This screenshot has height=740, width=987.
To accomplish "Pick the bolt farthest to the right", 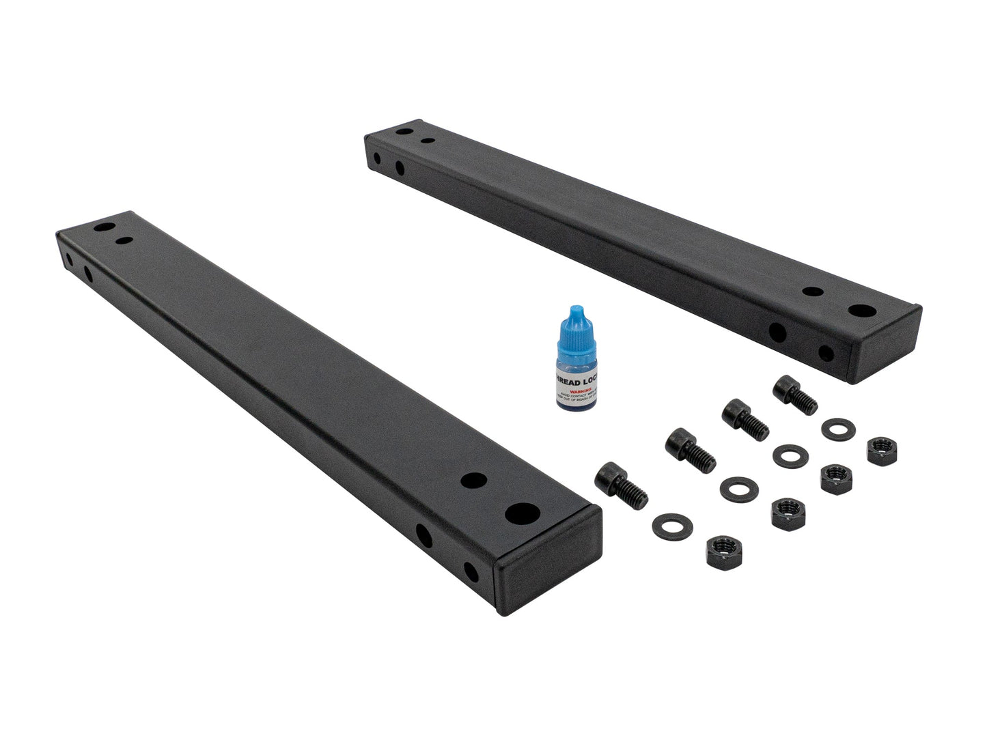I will tap(794, 394).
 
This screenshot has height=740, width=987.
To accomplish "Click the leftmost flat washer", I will tap(673, 524).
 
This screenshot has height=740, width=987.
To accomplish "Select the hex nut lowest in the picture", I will tap(718, 547).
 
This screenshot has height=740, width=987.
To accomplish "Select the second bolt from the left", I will tap(689, 449).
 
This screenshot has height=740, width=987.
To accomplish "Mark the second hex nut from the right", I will tap(833, 479).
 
